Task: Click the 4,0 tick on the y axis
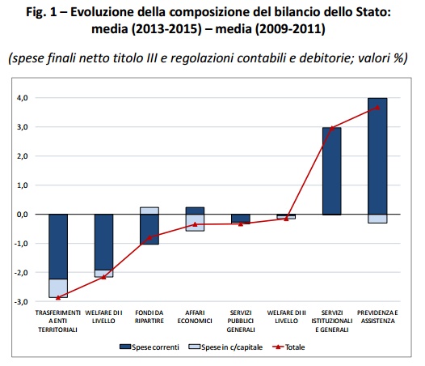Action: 23,98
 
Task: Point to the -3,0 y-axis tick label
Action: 21,302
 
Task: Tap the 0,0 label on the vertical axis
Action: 23,215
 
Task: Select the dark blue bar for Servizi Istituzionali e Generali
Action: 332,171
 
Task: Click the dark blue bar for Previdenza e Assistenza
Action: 377,156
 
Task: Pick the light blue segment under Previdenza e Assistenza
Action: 377,219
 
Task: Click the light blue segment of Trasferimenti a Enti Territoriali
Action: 58,288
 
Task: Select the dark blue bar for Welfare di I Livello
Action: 103,242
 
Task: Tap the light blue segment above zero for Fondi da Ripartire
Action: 149,211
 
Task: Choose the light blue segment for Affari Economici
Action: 195,223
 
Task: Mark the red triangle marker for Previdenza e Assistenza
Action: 377,108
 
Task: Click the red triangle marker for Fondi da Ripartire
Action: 149,237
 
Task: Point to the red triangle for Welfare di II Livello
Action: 286,219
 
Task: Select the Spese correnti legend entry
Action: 149,347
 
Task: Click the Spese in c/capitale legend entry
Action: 225,347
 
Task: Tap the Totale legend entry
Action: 288,347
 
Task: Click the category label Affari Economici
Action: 195,317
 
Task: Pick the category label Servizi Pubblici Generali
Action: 241,321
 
